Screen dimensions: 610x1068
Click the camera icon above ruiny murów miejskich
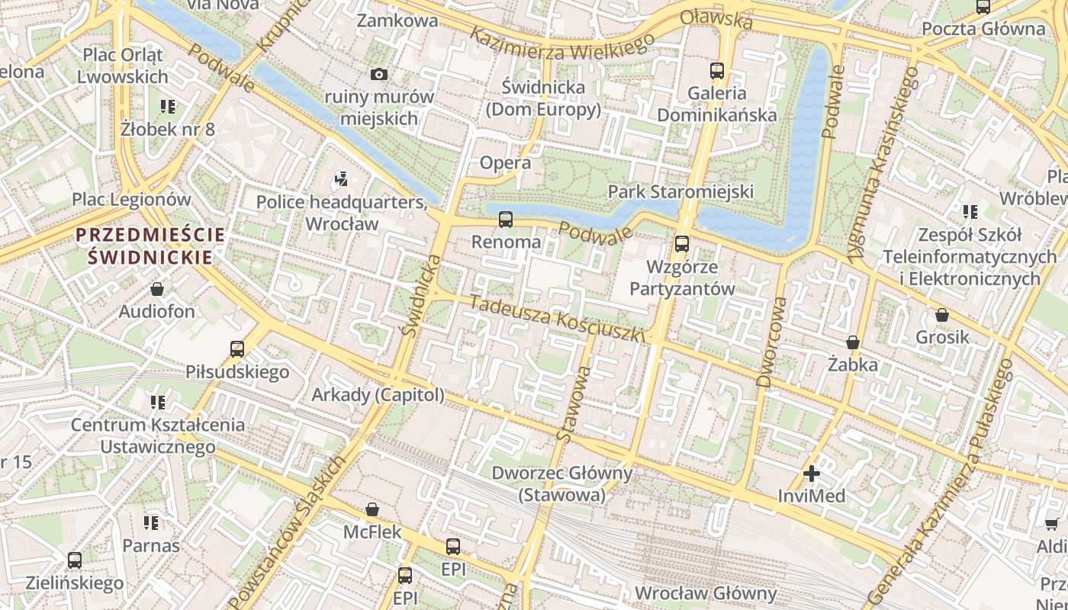coord(378,74)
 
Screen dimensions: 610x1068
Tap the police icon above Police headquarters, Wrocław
coord(341,180)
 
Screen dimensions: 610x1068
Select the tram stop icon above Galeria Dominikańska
coord(716,71)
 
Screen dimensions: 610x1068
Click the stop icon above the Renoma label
coord(505,220)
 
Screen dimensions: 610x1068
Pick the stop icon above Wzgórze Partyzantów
coord(681,244)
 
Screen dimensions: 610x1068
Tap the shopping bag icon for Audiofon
coord(157,289)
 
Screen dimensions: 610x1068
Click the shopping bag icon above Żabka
coord(853,342)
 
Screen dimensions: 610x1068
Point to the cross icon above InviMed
coord(812,474)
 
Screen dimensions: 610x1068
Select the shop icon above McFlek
coord(372,509)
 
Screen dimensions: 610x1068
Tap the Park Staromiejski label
coord(680,191)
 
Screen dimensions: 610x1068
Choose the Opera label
coord(505,162)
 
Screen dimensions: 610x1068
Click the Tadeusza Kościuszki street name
coord(558,318)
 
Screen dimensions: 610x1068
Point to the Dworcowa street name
coord(771,341)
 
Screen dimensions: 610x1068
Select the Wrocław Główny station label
coord(706,593)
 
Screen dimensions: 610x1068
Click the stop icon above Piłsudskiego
coord(237,349)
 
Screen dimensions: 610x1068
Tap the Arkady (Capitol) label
coord(378,395)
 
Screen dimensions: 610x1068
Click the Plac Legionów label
coord(131,200)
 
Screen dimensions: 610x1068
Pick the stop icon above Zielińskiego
coord(74,560)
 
